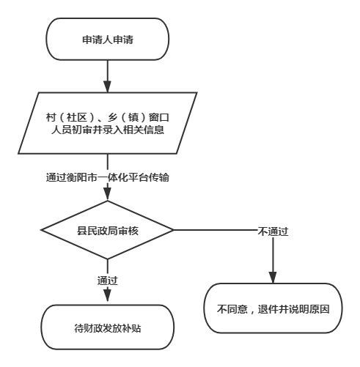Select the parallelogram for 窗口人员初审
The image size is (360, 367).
(108, 123)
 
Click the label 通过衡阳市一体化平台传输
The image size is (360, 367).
(108, 177)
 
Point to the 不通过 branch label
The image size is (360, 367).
(273, 231)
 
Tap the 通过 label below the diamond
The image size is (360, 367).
(108, 281)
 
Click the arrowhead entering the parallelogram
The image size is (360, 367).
(108, 86)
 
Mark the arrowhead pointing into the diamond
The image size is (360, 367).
(108, 195)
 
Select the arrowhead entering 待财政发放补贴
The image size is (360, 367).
(108, 296)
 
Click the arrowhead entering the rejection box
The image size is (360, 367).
(273, 278)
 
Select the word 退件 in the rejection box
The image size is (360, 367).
(268, 309)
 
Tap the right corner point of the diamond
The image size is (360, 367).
(174, 230)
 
